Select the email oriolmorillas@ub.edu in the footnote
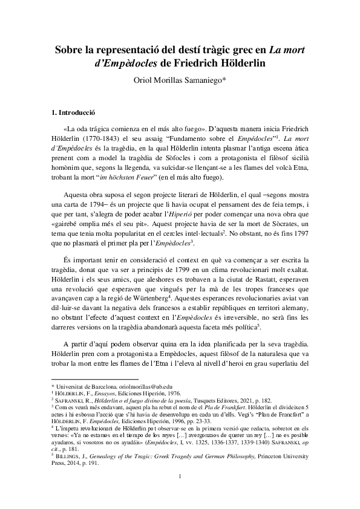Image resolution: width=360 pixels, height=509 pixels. (x=144, y=386)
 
